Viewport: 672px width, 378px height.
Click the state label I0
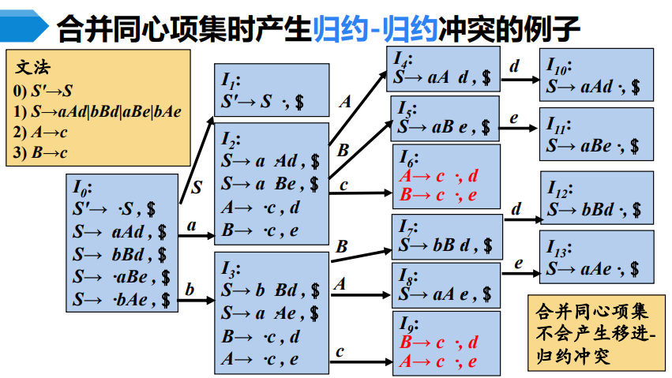(82, 188)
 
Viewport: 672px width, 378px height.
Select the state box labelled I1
(271, 92)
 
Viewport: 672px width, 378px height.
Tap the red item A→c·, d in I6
(439, 175)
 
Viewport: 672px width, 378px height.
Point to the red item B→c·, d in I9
(439, 342)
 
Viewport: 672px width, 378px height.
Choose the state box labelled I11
(596, 135)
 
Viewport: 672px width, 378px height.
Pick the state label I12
(559, 189)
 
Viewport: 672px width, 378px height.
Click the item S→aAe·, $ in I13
(593, 268)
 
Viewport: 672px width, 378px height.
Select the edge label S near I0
(197, 188)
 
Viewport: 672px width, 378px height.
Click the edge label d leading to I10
(515, 65)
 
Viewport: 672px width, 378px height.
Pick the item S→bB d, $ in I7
(444, 245)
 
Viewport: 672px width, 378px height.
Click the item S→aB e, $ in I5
(444, 125)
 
